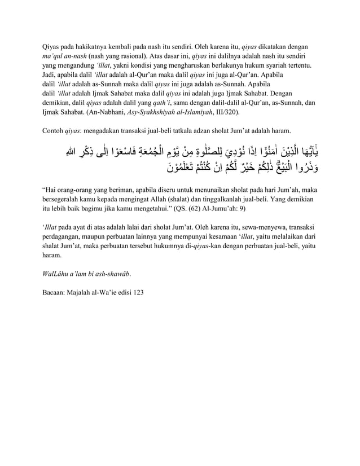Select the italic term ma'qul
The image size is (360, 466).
[x=52, y=57]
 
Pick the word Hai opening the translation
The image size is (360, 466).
[x=52, y=190]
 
